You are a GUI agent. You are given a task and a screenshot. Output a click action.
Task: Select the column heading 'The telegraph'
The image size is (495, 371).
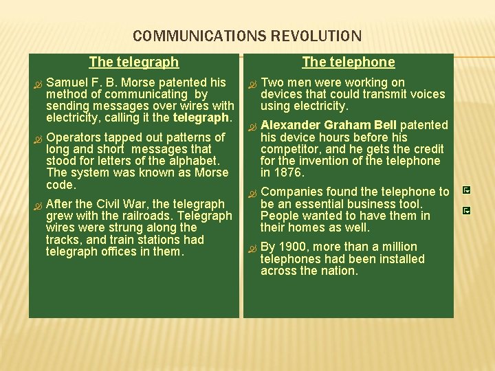pyautogui.click(x=134, y=62)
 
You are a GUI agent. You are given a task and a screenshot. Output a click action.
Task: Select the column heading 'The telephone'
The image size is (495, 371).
pyautogui.click(x=349, y=62)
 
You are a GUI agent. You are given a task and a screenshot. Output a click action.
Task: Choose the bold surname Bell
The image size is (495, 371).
pyautogui.click(x=386, y=125)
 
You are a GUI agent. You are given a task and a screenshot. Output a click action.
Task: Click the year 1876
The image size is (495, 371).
pyautogui.click(x=289, y=173)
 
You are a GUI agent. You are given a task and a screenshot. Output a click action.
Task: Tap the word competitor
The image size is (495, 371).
pyautogui.click(x=289, y=149)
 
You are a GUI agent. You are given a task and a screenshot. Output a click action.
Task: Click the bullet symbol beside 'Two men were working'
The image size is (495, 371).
pyautogui.click(x=252, y=84)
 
